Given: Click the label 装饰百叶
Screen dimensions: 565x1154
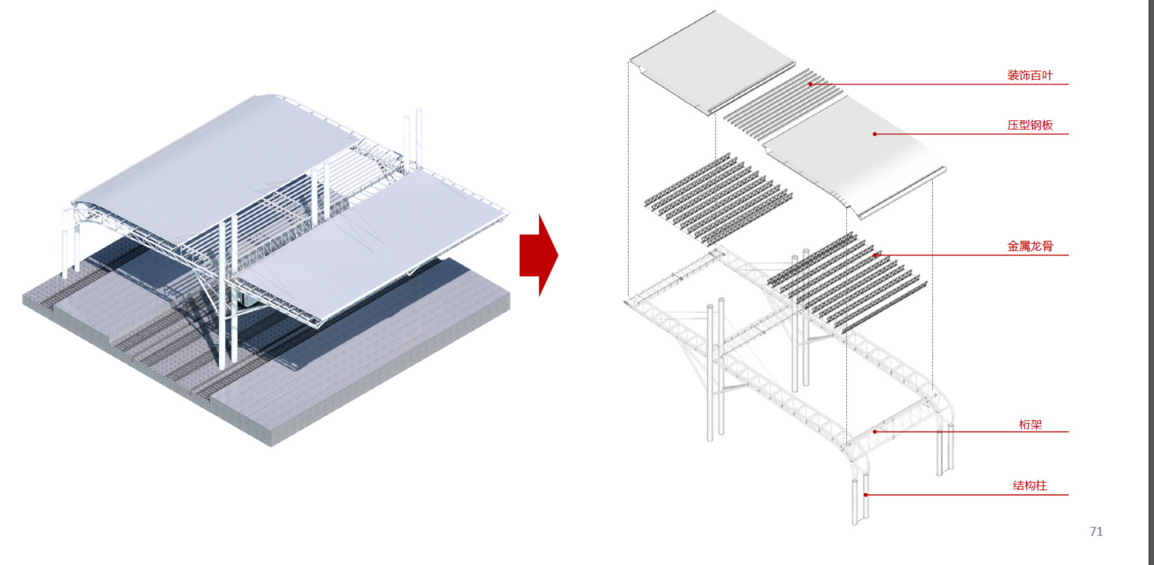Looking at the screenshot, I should pos(1029,75).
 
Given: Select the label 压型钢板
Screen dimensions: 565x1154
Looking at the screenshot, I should pos(1029,125).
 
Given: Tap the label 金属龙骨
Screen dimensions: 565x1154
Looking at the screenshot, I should pos(1029,246).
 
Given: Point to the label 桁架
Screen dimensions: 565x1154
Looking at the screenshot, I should pos(1030,424).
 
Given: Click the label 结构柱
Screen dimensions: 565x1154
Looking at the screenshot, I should pos(1029,485).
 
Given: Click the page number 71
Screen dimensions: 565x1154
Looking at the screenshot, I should pos(1096,531).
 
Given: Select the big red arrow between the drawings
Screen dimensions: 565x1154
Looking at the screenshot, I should pos(538,255).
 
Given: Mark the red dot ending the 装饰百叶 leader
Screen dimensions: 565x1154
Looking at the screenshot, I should pos(810,84).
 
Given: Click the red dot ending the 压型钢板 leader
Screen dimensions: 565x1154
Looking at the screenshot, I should pos(875,134).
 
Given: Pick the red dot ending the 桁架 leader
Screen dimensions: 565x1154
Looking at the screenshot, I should pos(875,432).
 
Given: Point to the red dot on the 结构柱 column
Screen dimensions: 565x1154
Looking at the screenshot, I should pos(866,495).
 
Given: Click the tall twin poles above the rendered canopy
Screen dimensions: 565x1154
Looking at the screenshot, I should pos(413,139).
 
